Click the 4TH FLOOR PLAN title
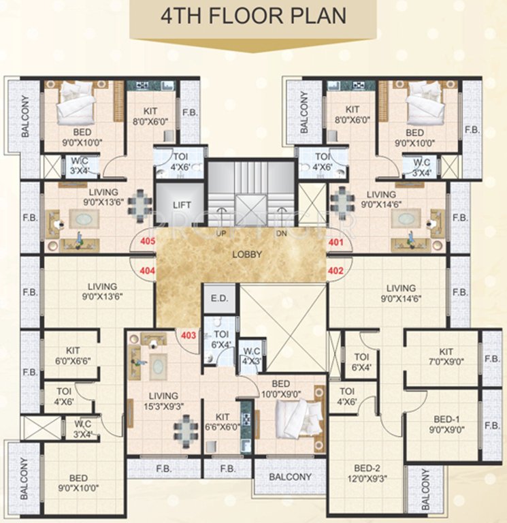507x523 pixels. coord(252,16)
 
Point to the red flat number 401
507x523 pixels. coord(336,241)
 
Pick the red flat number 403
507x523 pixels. coord(189,334)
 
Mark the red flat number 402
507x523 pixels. coord(336,270)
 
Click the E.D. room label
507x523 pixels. coord(218,299)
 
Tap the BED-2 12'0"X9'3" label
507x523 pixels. coord(367,473)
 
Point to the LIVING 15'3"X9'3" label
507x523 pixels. coord(163,400)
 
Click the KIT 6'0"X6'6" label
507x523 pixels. coord(72,355)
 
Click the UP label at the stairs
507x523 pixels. coord(220,233)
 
